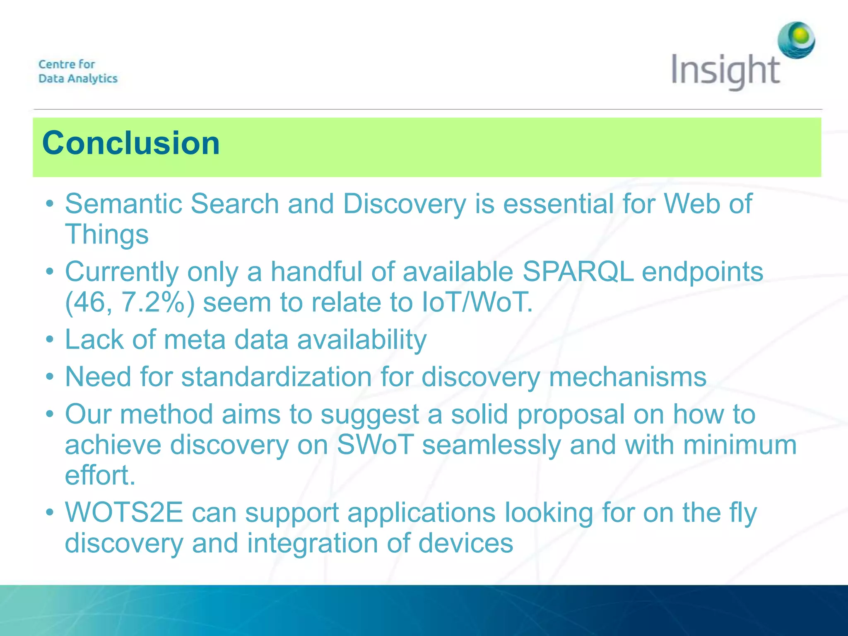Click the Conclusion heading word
click(131, 143)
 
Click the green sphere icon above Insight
click(796, 40)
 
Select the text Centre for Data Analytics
click(78, 71)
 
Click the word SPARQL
click(578, 272)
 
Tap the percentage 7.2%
click(153, 303)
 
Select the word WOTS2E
click(124, 513)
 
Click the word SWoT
click(375, 445)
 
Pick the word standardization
click(276, 377)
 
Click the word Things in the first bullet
click(107, 234)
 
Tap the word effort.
click(100, 475)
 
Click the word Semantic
click(123, 204)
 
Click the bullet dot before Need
click(50, 377)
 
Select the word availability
click(361, 340)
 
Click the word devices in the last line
click(465, 543)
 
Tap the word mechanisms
click(627, 377)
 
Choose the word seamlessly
click(491, 445)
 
